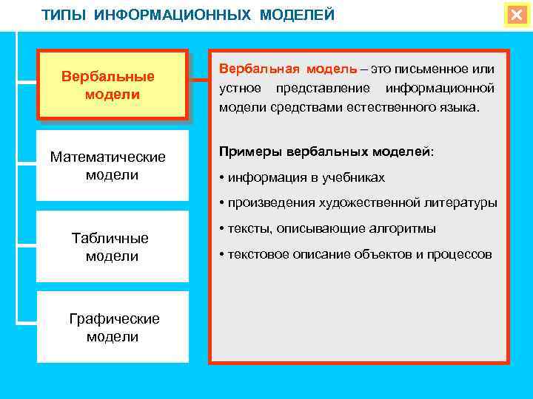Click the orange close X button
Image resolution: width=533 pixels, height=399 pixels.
click(515, 15)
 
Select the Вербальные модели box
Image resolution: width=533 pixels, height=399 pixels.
click(112, 86)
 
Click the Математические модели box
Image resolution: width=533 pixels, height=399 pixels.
click(112, 166)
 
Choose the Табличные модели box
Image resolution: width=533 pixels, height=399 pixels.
click(112, 247)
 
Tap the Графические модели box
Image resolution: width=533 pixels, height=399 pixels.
click(113, 327)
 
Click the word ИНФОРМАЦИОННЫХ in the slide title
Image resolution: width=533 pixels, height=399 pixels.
click(174, 16)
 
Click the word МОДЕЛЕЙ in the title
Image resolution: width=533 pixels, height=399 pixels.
click(297, 16)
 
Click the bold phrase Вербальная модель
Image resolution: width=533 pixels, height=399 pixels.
click(287, 69)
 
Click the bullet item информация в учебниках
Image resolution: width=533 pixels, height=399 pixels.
click(302, 177)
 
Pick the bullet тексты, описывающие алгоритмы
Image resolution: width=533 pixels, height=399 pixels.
click(327, 228)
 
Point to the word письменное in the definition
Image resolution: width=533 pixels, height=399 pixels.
click(429, 69)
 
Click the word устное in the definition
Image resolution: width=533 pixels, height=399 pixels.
click(241, 89)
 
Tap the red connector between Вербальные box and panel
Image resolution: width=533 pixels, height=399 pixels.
click(198, 86)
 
